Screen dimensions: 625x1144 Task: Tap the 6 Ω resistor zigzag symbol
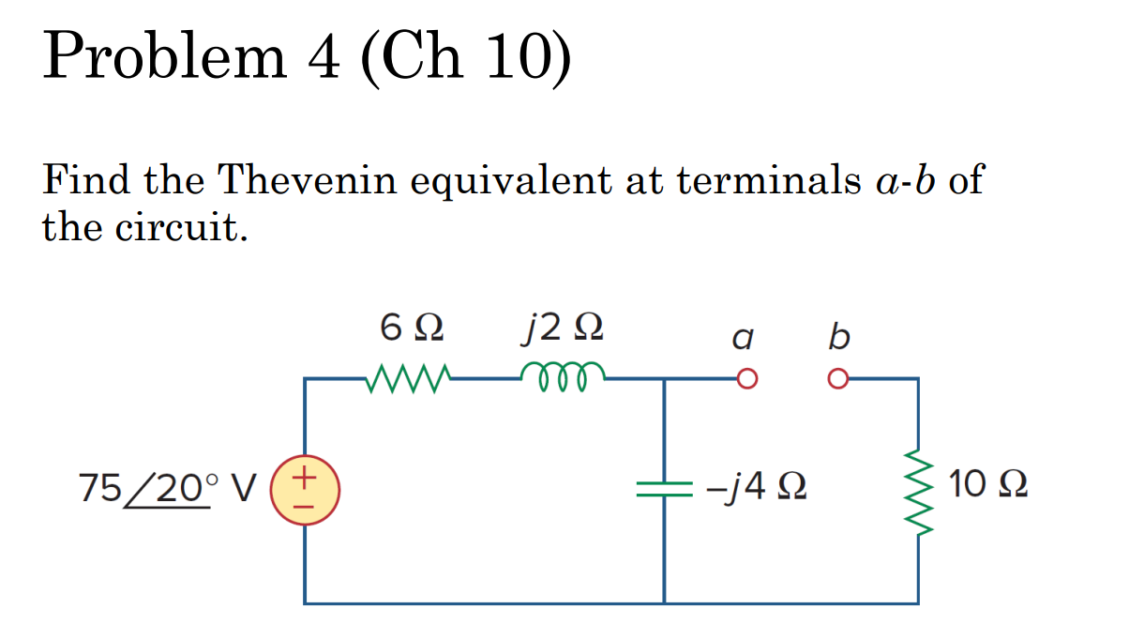(411, 379)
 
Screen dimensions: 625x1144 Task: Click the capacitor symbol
(663, 488)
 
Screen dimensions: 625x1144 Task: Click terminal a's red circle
(746, 379)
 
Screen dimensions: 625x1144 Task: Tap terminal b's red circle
(836, 379)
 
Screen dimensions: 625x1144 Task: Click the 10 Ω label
(987, 485)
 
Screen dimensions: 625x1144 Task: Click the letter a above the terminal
(744, 337)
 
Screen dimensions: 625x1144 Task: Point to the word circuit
(182, 227)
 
